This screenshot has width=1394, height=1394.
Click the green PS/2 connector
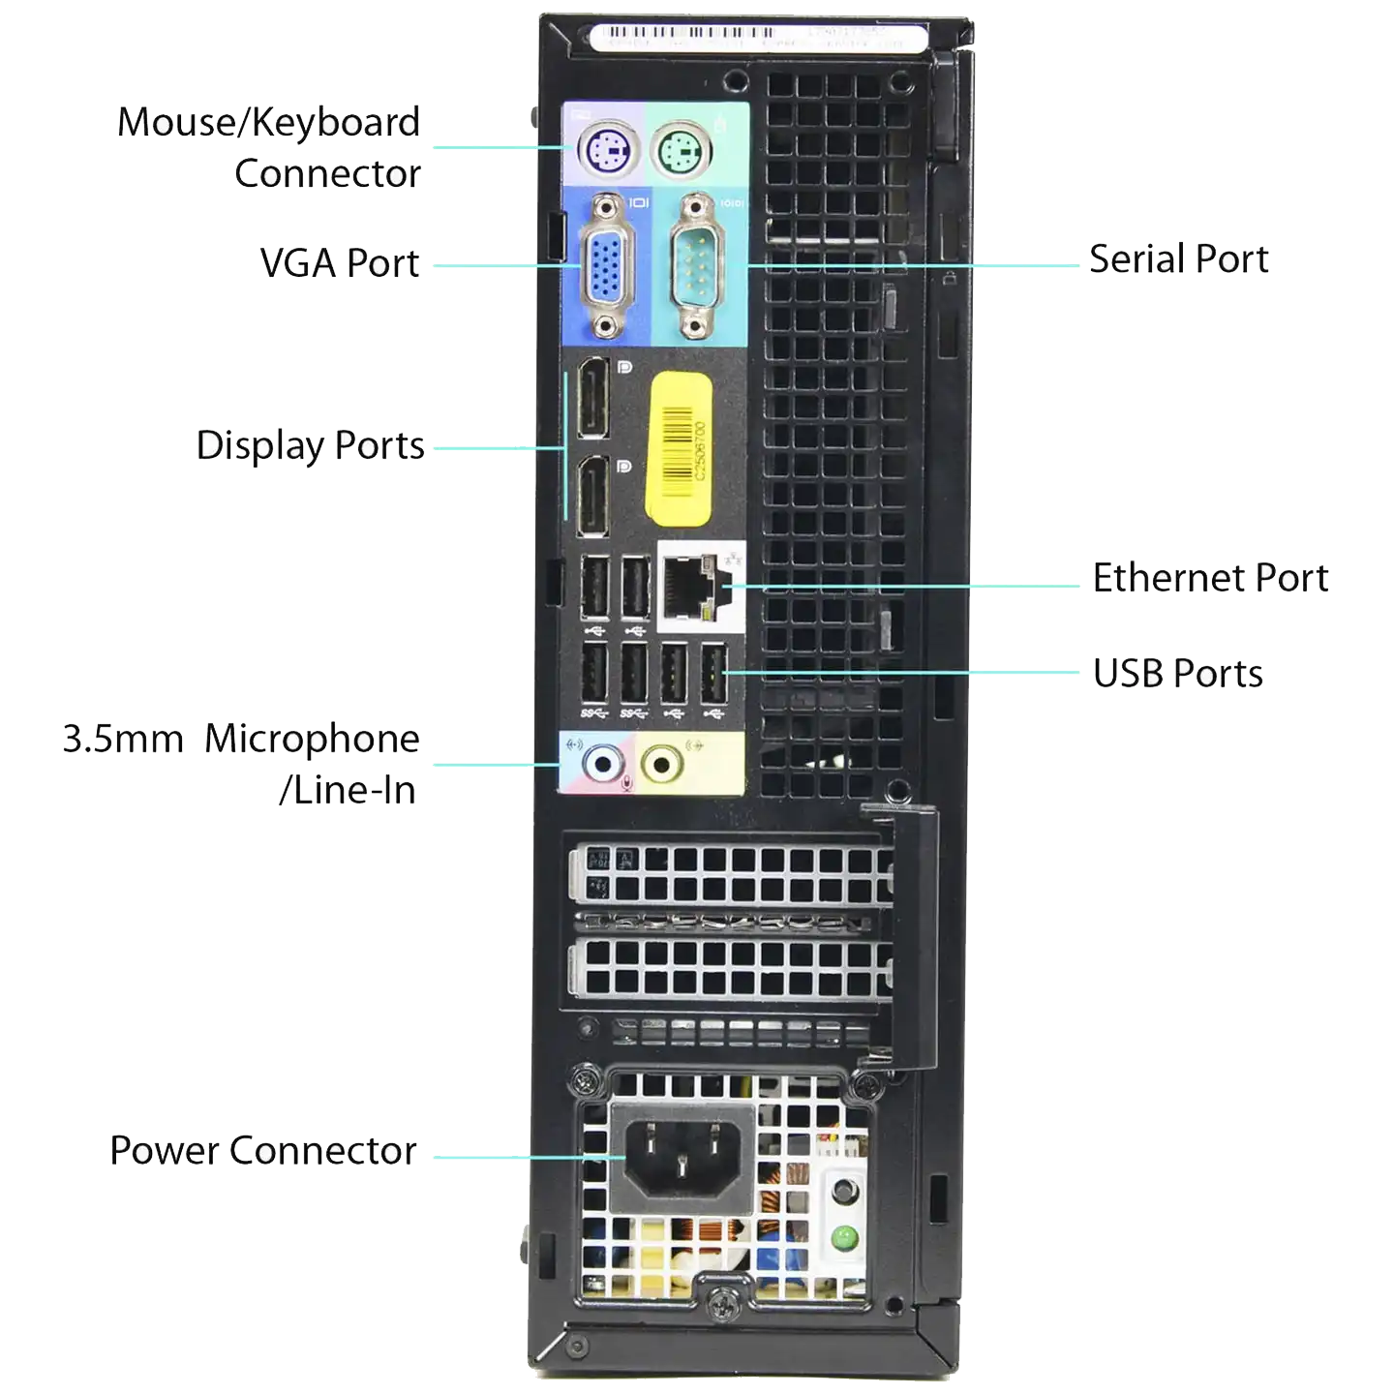(x=682, y=151)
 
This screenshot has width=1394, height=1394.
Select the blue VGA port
(x=606, y=263)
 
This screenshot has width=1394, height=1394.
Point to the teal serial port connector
(x=692, y=264)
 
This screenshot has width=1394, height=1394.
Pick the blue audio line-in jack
(x=602, y=766)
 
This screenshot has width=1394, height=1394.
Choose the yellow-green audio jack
(x=661, y=766)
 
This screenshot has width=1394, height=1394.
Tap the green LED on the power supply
(x=845, y=1236)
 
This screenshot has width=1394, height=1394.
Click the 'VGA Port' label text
(x=342, y=262)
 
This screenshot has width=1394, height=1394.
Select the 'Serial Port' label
(x=1178, y=258)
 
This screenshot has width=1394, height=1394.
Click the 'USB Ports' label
(x=1177, y=673)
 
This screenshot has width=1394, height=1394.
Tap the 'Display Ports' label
(x=309, y=445)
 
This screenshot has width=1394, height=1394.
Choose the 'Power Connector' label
(x=262, y=1150)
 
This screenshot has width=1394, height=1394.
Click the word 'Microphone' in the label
(x=312, y=739)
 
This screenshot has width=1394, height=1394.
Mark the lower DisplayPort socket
(x=593, y=497)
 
